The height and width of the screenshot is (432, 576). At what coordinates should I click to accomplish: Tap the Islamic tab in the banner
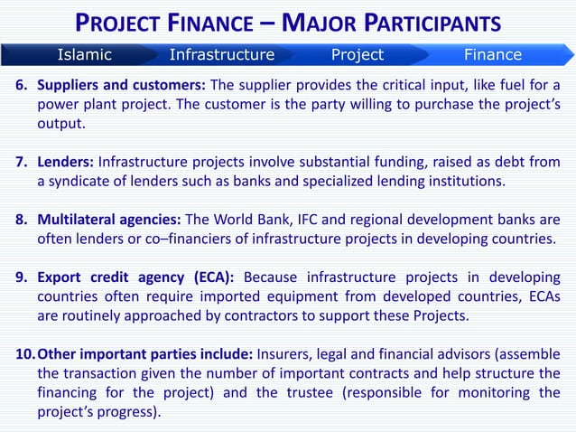pyautogui.click(x=85, y=54)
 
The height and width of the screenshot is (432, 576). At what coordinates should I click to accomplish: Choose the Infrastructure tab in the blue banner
pyautogui.click(x=221, y=54)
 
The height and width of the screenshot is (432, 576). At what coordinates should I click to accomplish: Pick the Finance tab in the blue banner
pyautogui.click(x=492, y=54)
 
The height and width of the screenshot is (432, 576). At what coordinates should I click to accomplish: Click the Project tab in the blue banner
pyautogui.click(x=358, y=54)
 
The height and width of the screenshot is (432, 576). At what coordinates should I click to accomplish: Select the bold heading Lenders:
pyautogui.click(x=66, y=164)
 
